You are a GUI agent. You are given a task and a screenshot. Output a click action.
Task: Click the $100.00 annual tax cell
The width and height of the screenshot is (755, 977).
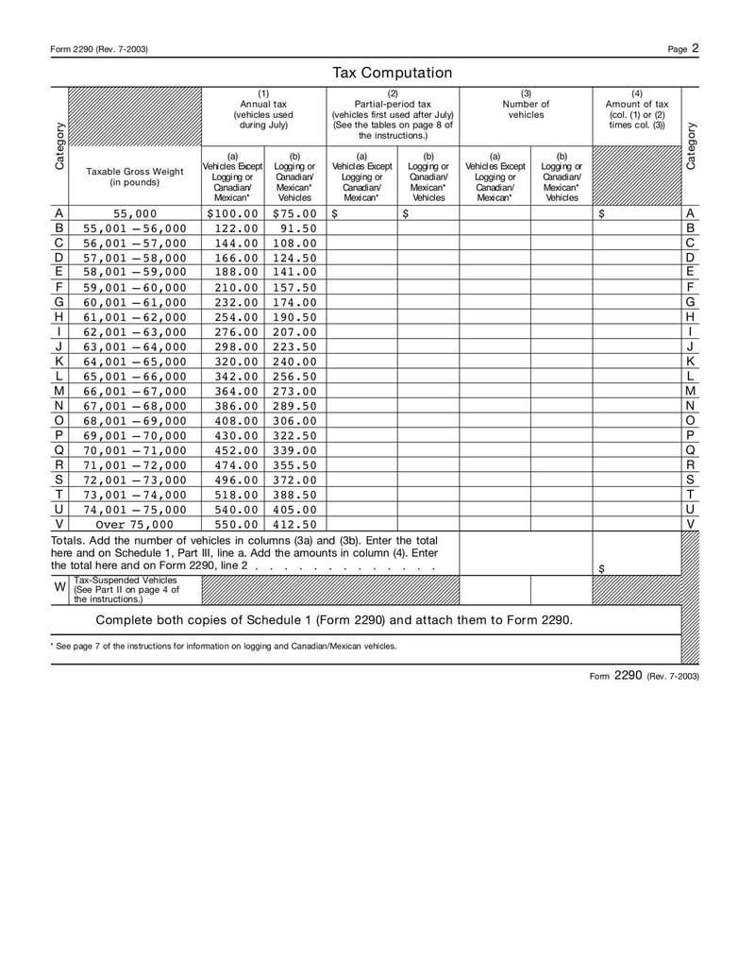click(x=232, y=213)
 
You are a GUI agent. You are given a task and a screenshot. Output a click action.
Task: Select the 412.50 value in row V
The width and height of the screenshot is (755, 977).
click(x=294, y=524)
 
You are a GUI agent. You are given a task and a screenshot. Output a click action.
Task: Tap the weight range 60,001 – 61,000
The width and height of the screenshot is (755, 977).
click(x=135, y=301)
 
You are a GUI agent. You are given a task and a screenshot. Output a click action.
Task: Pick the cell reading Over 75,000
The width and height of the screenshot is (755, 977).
click(x=135, y=524)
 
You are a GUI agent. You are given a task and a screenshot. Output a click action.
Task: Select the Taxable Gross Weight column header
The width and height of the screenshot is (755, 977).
click(x=135, y=177)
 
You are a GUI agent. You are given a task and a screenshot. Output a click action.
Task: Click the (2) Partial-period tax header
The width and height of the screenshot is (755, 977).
click(x=393, y=114)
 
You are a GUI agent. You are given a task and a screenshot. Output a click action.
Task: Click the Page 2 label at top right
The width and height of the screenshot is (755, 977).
click(x=682, y=48)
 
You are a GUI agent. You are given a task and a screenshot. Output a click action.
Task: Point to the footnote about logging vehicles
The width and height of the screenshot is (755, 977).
click(x=224, y=647)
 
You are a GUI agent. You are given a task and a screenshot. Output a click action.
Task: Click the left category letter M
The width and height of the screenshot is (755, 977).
click(x=59, y=390)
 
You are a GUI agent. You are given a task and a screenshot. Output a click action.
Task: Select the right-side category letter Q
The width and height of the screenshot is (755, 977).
click(x=690, y=449)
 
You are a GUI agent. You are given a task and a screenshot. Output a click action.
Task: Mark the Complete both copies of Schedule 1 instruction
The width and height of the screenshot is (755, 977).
click(x=334, y=620)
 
